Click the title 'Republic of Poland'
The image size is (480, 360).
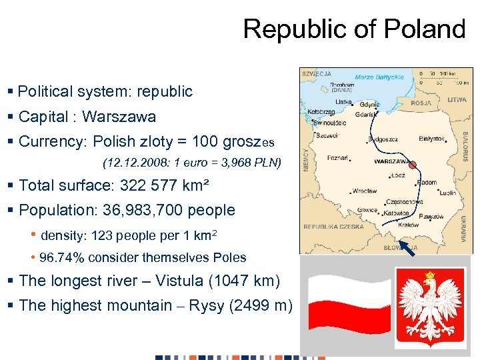click(354, 29)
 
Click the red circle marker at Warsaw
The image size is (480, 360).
click(413, 165)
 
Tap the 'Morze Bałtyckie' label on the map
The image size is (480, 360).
click(379, 77)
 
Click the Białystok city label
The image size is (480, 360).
click(431, 139)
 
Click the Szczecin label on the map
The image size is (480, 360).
click(328, 135)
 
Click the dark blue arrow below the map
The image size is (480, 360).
click(408, 247)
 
